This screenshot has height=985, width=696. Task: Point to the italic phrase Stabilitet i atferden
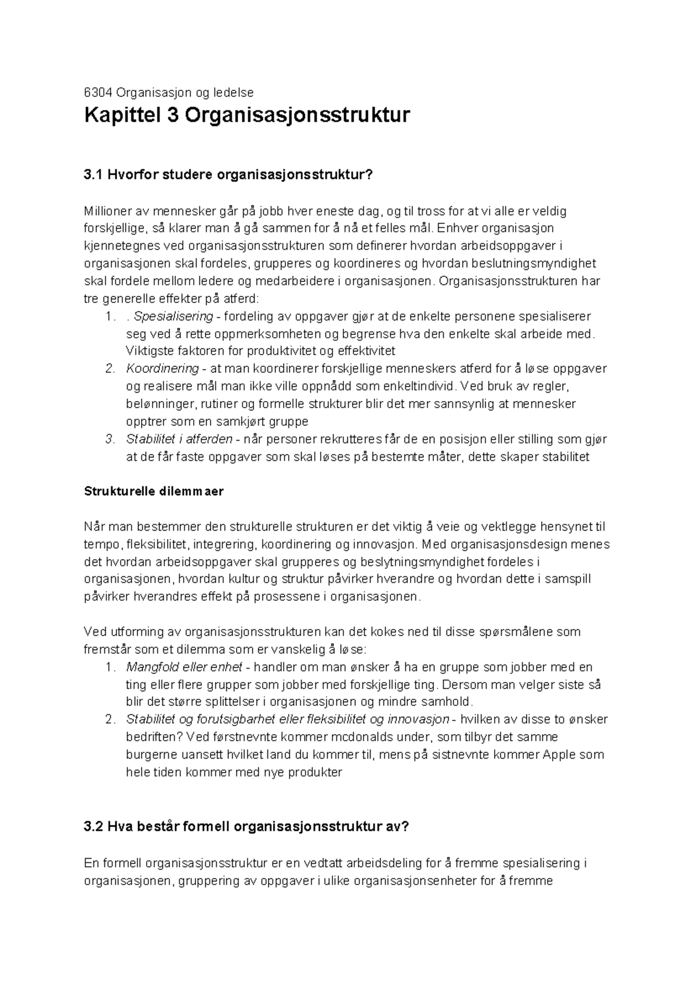(x=179, y=439)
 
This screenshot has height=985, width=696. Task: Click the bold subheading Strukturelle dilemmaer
(x=154, y=491)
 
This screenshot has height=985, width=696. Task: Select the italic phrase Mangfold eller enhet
(x=184, y=667)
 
